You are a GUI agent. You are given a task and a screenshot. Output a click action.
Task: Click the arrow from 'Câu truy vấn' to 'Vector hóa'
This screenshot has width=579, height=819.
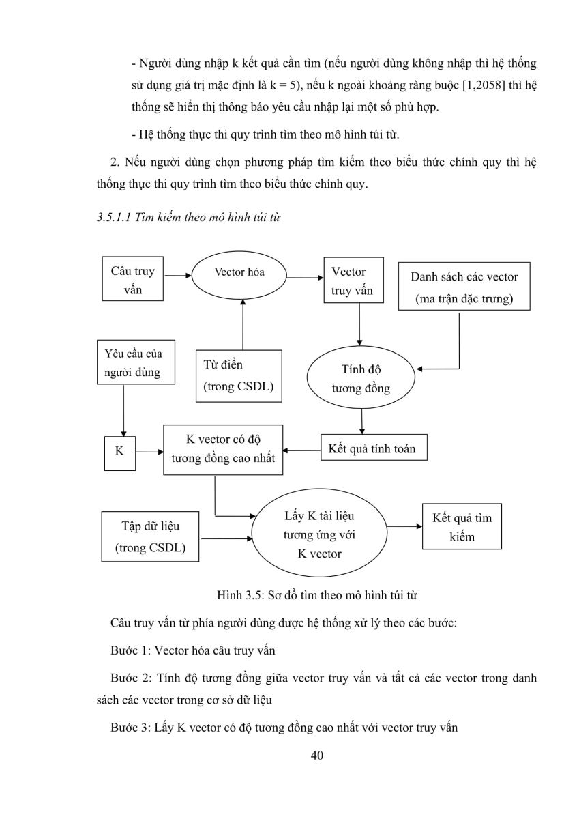point(178,275)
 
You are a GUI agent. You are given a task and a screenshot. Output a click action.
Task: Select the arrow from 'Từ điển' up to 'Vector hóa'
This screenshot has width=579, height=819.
point(243,324)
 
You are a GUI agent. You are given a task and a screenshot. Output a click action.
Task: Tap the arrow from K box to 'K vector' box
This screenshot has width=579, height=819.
point(149,452)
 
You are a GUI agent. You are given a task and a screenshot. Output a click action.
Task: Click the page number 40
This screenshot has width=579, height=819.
point(316,755)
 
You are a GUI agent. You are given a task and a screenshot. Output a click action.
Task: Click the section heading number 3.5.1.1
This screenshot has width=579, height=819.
point(114,217)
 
